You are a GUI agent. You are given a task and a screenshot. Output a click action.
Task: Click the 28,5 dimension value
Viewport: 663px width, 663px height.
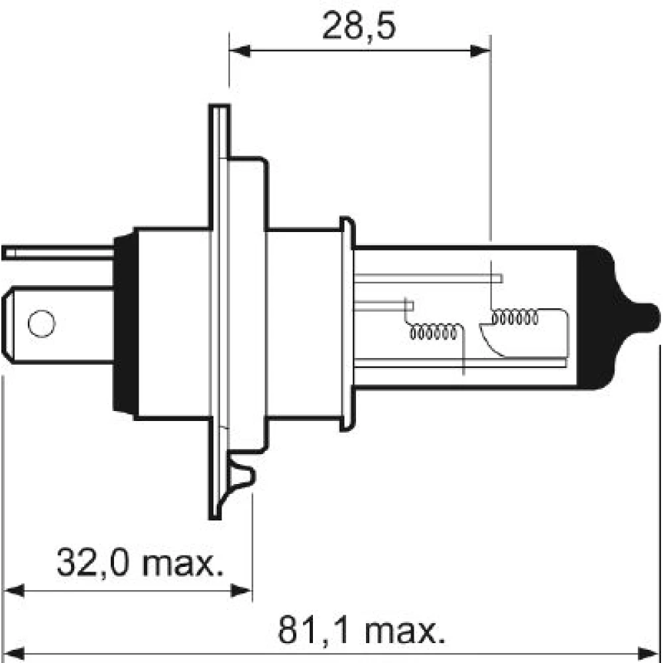[359, 27]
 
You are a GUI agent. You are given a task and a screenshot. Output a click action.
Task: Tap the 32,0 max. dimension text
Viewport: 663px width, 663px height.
[140, 562]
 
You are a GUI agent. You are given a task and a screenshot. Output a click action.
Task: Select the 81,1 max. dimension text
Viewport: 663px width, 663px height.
[362, 631]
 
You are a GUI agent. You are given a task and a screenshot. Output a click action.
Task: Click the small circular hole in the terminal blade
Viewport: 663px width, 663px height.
[41, 324]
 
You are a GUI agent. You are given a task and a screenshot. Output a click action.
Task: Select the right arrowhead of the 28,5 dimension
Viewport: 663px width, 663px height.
[480, 51]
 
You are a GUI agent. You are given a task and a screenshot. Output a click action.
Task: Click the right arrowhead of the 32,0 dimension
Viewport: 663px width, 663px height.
[241, 591]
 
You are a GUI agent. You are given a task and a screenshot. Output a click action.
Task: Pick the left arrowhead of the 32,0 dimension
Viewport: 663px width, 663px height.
[13, 591]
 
